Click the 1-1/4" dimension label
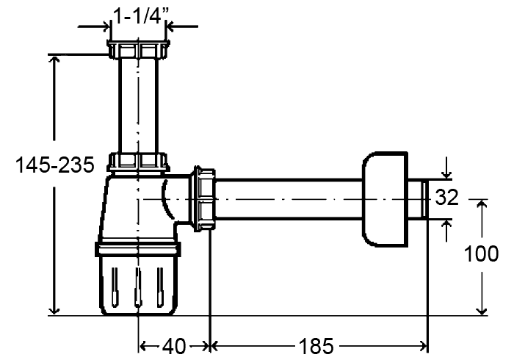tap(138, 15)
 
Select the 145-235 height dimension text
tap(55, 165)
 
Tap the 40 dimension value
tap(174, 345)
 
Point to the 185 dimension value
tap(316, 345)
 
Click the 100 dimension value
tap(481, 253)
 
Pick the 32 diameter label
tap(446, 198)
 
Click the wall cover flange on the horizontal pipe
tap(385, 199)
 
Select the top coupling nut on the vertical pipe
tap(138, 49)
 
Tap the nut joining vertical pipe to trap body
tap(138, 162)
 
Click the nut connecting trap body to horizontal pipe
tap(205, 199)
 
